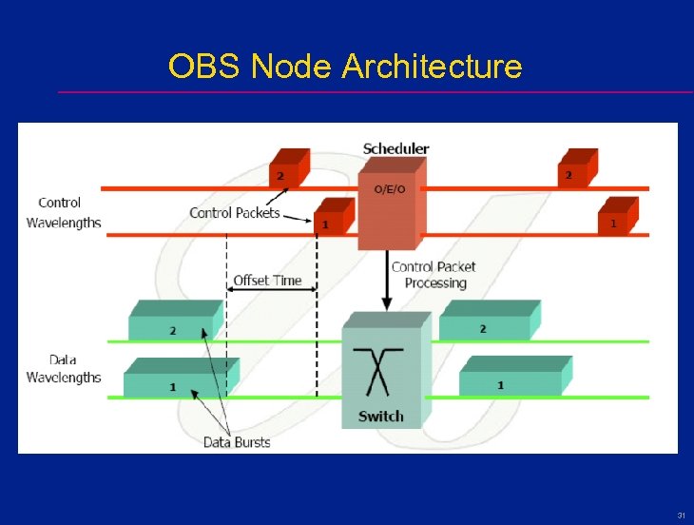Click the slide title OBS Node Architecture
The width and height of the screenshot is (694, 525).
pyautogui.click(x=345, y=67)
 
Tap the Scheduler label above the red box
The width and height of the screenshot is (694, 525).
pyautogui.click(x=395, y=148)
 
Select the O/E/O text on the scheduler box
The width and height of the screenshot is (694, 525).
pyautogui.click(x=389, y=189)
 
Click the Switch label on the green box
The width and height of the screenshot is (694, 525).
pyautogui.click(x=380, y=416)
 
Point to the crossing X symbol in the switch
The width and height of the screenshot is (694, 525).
pyautogui.click(x=379, y=371)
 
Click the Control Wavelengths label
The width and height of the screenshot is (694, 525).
pyautogui.click(x=63, y=212)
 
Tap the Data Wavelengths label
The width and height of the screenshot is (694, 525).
pyautogui.click(x=63, y=369)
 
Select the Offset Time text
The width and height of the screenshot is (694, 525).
pyautogui.click(x=267, y=281)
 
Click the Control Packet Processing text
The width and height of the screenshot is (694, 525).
pyautogui.click(x=434, y=275)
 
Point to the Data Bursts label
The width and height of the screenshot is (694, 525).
pyautogui.click(x=236, y=442)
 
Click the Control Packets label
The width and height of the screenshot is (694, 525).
pyautogui.click(x=235, y=213)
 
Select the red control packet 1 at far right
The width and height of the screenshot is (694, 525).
pyautogui.click(x=617, y=218)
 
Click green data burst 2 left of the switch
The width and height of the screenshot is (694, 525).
pyautogui.click(x=174, y=324)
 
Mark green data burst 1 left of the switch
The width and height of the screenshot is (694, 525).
pyautogui.click(x=179, y=380)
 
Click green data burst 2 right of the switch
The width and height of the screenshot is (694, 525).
pyautogui.click(x=488, y=322)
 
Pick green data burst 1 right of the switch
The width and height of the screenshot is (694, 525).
pyautogui.click(x=513, y=379)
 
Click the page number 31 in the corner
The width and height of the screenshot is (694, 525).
pyautogui.click(x=681, y=515)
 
